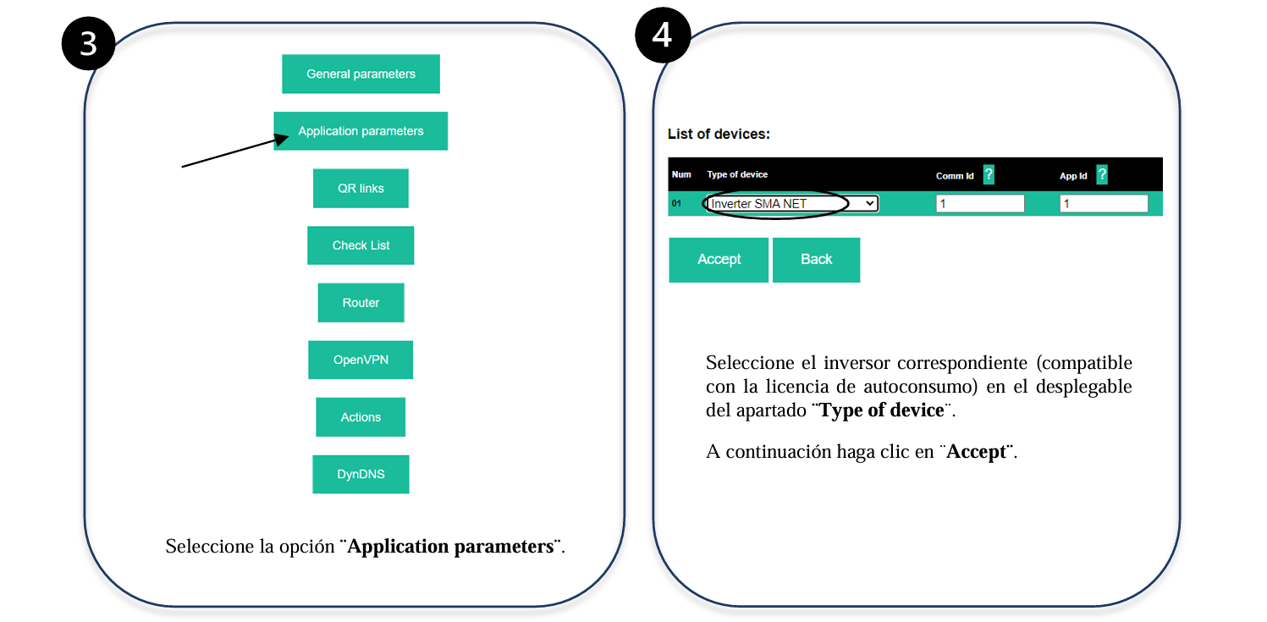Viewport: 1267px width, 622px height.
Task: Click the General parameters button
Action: tap(361, 74)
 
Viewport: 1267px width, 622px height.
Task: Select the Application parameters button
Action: tap(361, 131)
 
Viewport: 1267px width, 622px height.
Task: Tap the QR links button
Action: tap(361, 189)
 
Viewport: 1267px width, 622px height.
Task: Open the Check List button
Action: tap(361, 245)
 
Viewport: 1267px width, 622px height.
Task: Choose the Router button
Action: tap(361, 302)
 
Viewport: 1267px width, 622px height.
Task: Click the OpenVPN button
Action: tap(361, 360)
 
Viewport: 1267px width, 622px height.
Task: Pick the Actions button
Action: tap(361, 417)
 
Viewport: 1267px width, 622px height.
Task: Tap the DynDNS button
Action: tap(361, 475)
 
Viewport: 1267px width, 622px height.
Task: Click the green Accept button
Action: tap(719, 260)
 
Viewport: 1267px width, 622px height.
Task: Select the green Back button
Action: tap(816, 260)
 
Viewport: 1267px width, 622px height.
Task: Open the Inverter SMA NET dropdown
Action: tap(792, 204)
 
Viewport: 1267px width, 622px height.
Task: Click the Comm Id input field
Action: tap(980, 204)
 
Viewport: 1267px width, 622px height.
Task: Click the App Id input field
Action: tap(1104, 204)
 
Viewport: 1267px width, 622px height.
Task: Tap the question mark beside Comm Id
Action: tap(989, 174)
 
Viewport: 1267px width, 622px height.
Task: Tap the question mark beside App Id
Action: tap(1102, 174)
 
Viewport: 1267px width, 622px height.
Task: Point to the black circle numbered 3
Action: tap(88, 43)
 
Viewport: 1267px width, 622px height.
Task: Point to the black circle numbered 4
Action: tap(663, 35)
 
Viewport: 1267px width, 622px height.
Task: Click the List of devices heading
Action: tap(719, 134)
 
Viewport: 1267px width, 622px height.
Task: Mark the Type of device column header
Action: tap(737, 174)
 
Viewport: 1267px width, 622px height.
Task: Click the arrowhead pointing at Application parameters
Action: tap(281, 139)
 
